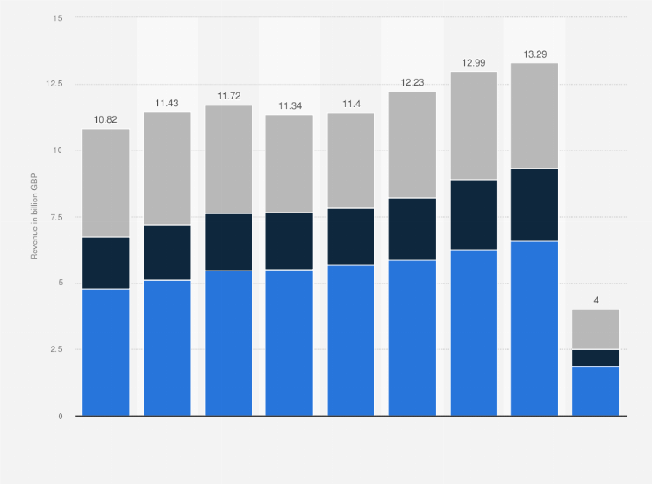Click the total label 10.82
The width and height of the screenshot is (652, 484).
105,119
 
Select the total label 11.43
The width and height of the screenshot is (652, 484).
167,103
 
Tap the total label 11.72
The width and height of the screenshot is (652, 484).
228,95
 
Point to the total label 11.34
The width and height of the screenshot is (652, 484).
290,105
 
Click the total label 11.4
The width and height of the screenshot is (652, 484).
350,104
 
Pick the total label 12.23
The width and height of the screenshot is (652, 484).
412,81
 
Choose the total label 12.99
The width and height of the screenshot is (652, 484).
473,61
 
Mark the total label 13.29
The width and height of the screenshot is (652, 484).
534,54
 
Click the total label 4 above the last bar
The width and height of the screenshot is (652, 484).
596,300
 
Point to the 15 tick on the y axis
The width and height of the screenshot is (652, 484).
58,17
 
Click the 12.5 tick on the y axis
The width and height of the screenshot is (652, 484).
54,84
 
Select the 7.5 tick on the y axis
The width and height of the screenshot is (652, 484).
56,217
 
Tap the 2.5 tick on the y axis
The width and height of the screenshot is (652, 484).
56,349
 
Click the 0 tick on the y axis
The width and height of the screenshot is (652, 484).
61,416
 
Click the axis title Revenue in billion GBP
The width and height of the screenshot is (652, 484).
35,217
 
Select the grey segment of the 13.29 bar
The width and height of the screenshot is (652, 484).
534,116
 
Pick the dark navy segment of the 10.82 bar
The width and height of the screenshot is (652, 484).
105,263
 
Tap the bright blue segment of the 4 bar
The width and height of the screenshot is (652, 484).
596,391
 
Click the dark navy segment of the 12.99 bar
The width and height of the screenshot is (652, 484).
473,214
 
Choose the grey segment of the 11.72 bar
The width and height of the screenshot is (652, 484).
228,159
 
